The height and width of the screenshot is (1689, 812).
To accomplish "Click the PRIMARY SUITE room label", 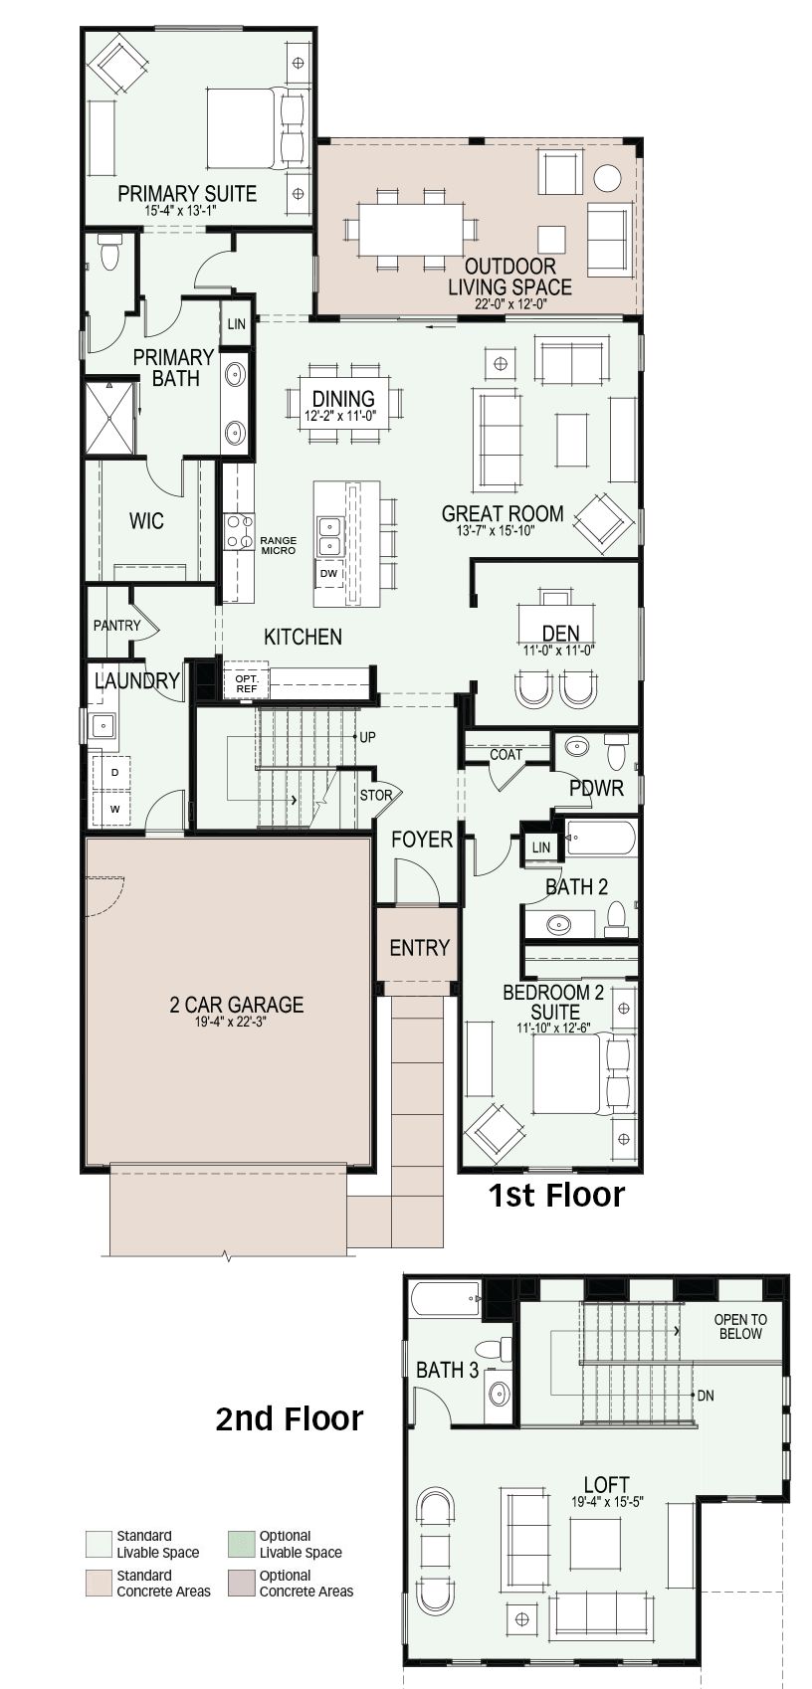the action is click(187, 194).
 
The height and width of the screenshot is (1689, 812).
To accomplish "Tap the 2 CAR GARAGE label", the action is click(236, 1005).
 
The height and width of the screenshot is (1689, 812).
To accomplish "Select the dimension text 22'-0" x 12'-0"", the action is click(510, 303).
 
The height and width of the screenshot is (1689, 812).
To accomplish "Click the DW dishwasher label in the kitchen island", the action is click(329, 573).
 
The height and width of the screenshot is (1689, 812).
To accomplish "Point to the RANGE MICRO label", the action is click(279, 545).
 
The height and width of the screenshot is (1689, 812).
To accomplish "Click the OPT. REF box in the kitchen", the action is click(246, 683).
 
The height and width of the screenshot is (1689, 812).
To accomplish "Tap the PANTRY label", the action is click(117, 625).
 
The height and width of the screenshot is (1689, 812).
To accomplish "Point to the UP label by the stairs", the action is click(367, 737).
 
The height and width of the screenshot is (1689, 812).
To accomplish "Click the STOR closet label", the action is click(376, 795).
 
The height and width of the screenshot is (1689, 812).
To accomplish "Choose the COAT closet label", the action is click(506, 754).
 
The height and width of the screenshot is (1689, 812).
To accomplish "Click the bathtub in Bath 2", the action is click(601, 837).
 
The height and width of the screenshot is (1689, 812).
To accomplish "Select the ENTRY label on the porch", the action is click(420, 947).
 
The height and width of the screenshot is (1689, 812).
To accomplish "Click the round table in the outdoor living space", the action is click(607, 178).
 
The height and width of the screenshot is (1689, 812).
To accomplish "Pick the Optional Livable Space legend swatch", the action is click(241, 1544).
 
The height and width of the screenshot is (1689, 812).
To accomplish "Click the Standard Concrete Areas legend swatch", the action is click(99, 1584).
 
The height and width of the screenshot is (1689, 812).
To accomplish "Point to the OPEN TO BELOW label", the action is click(740, 1326).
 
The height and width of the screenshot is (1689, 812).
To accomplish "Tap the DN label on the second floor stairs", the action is click(706, 1396).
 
